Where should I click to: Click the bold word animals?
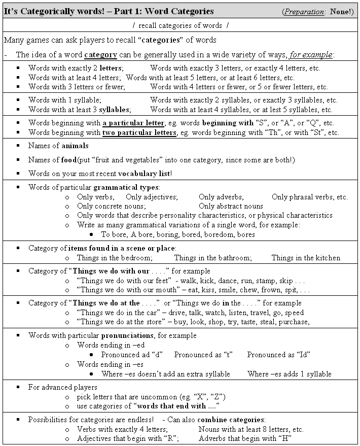tap(75, 146)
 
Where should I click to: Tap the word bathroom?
tap(231, 258)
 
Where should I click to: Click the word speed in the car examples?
tap(295, 312)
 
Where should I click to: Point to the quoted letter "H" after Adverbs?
tap(284, 438)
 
